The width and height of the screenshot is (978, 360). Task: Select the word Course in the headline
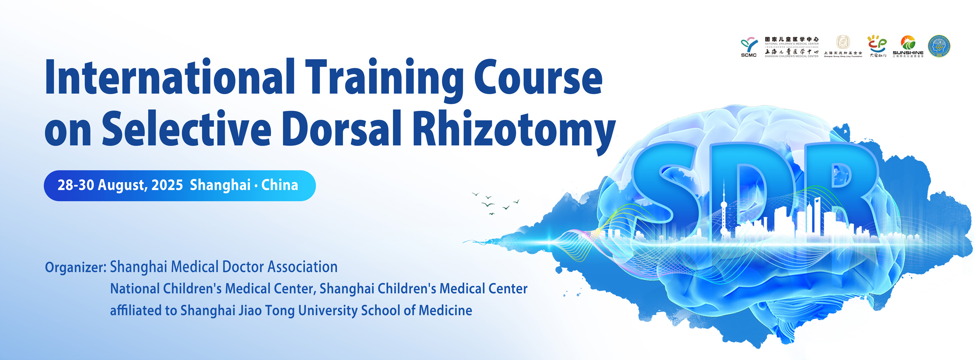(538, 77)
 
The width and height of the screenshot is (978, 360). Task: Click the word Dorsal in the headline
(342, 128)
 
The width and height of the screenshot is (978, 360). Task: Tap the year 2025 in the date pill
(167, 185)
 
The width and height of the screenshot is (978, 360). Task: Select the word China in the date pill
(280, 185)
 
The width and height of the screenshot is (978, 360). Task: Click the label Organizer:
(76, 267)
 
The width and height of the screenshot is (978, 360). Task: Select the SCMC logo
(749, 47)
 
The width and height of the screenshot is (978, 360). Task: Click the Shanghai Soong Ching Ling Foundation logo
(843, 46)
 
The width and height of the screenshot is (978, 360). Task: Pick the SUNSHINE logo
(908, 46)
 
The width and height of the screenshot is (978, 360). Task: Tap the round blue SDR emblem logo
(939, 46)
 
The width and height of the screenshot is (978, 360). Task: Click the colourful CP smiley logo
(877, 46)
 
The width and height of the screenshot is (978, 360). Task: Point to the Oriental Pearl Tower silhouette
(724, 212)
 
